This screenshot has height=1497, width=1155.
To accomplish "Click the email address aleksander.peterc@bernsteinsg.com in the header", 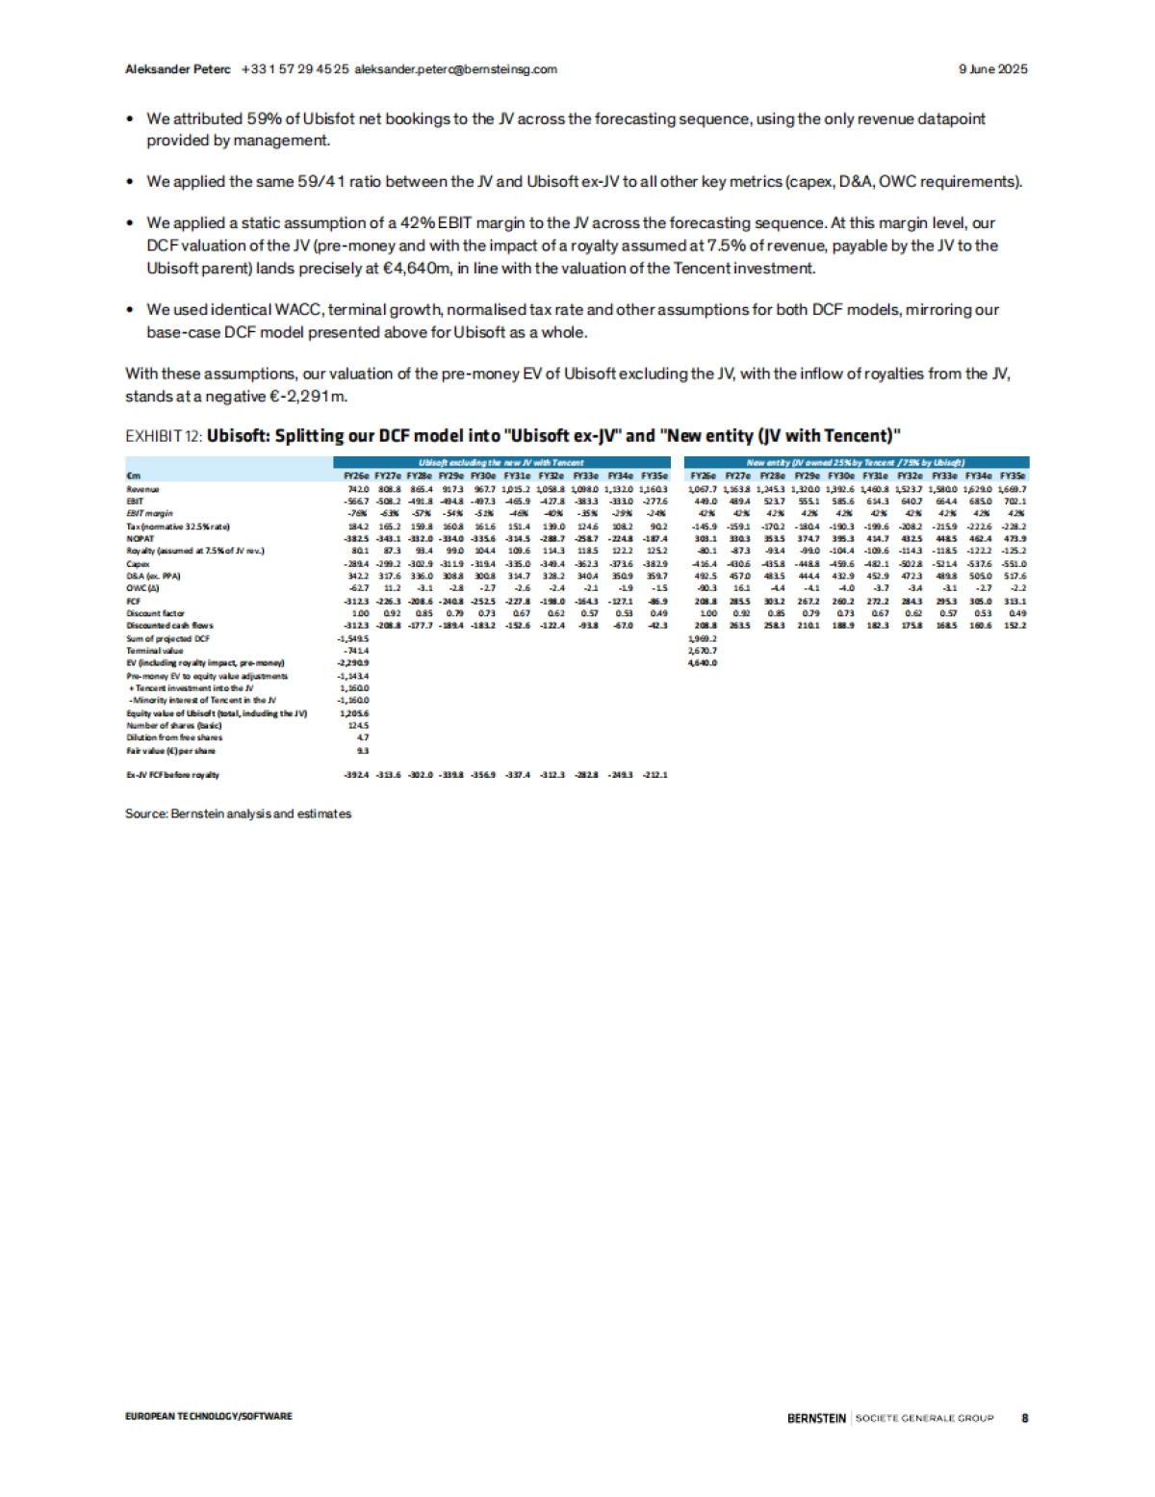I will point(455,69).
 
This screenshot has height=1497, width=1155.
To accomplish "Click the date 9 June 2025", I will point(992,69).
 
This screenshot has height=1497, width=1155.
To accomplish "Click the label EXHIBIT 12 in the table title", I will point(163,436).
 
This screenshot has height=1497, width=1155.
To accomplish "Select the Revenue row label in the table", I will point(142,489).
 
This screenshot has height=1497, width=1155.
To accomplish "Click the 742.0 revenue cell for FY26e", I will point(357,489).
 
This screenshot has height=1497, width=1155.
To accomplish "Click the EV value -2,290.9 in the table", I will point(352,662).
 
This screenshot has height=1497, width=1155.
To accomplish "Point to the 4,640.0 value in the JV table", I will point(702,662).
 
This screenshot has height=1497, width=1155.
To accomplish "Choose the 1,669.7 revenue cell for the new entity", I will point(1012,489).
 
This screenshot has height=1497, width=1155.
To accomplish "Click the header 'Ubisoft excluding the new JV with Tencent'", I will point(500,463).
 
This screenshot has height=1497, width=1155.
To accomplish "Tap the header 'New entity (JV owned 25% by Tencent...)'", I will point(856,463).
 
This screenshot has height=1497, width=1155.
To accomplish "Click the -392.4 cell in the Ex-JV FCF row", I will point(356,774).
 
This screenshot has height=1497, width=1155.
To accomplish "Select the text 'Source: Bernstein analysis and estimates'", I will point(238,813).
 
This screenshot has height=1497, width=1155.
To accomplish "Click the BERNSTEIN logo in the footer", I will point(816,1417).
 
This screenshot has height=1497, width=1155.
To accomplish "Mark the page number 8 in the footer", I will point(1024,1417).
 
